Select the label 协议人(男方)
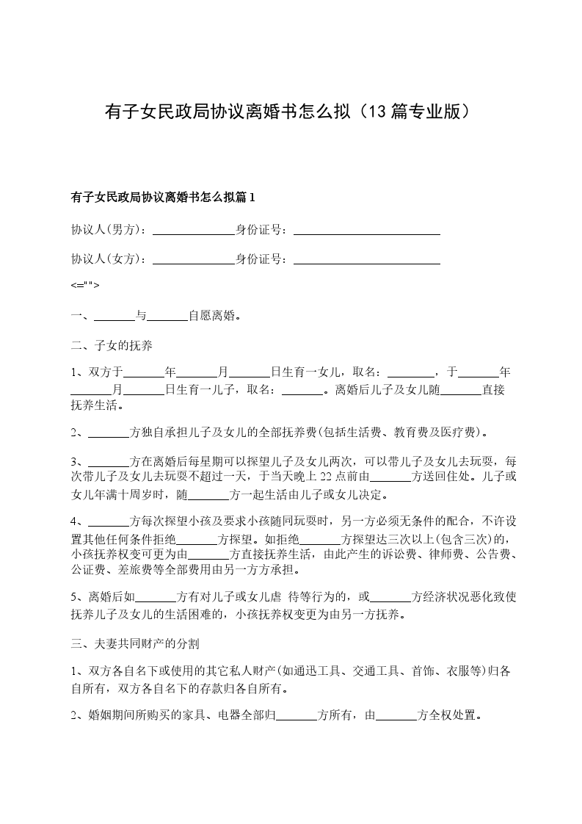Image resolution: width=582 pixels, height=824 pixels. click(x=108, y=229)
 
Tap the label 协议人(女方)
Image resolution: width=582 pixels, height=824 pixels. click(x=108, y=259)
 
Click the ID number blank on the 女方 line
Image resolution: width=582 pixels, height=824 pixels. click(x=366, y=259)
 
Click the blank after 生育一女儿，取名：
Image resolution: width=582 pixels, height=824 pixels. click(x=410, y=373)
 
